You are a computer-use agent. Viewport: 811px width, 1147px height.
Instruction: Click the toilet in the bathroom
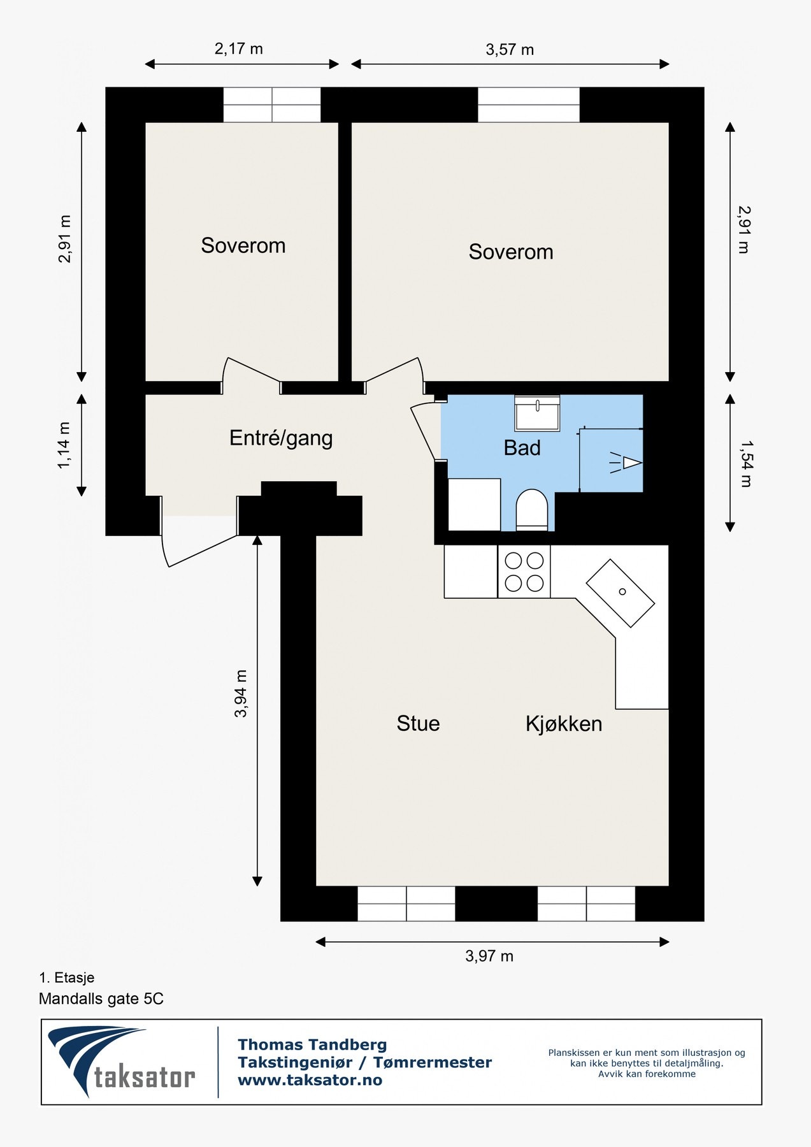531,510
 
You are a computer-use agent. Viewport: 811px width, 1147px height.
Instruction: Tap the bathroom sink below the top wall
537,413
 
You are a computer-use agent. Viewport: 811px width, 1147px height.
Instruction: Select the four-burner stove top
524,572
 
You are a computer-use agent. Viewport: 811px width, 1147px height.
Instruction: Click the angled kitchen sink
620,593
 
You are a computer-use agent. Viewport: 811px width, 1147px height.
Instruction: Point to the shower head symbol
626,463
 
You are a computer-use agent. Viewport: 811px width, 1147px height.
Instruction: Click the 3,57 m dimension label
510,50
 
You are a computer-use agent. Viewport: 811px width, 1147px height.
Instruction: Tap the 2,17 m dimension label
238,49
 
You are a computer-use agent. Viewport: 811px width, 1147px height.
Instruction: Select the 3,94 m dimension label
241,693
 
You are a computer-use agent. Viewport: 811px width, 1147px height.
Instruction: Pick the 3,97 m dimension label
489,956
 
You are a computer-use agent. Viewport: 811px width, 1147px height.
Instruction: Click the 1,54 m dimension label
745,464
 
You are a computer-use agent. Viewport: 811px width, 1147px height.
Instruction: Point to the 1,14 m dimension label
64,445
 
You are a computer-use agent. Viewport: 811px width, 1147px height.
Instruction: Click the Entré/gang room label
281,438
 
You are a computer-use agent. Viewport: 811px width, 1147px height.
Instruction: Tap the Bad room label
522,448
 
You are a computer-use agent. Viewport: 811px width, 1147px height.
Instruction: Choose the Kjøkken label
564,724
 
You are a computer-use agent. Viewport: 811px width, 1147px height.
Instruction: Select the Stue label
418,723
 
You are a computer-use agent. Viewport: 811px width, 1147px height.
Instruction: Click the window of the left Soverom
272,105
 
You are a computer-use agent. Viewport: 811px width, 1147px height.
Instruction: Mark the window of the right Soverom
529,105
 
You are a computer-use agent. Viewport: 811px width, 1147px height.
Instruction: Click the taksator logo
121,1062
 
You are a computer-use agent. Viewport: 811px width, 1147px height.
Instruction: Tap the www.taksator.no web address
310,1080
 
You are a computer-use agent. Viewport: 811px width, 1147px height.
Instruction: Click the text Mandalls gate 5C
101,999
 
